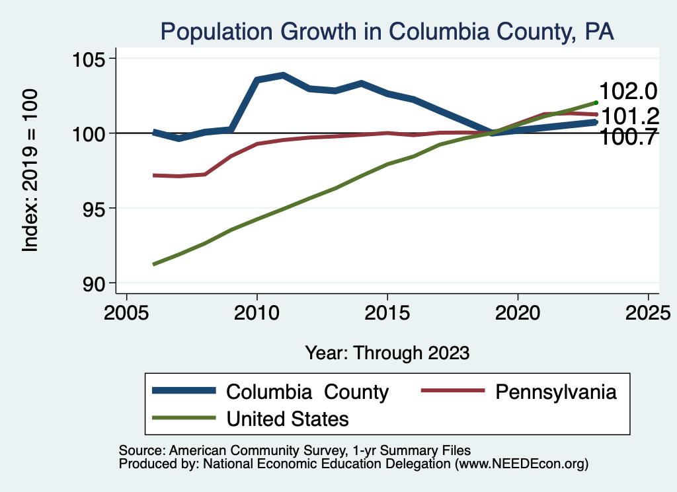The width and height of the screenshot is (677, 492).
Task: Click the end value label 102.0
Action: (627, 92)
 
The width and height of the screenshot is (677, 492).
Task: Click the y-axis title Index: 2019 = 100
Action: (30, 170)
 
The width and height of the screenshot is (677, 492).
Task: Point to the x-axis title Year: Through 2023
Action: (387, 353)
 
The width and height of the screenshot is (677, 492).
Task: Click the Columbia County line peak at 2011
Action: (283, 75)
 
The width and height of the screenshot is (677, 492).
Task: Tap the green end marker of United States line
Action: (596, 102)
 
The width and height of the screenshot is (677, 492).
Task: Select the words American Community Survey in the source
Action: (247, 450)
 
